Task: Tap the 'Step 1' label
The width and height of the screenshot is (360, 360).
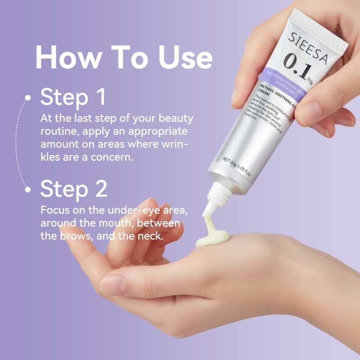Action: coord(73,97)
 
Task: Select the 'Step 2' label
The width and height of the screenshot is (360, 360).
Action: coord(74,189)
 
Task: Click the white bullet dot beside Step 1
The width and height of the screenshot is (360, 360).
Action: coord(28,97)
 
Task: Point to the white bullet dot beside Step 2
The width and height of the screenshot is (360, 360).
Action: coord(28,189)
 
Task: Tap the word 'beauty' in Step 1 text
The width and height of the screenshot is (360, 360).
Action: coord(175,119)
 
